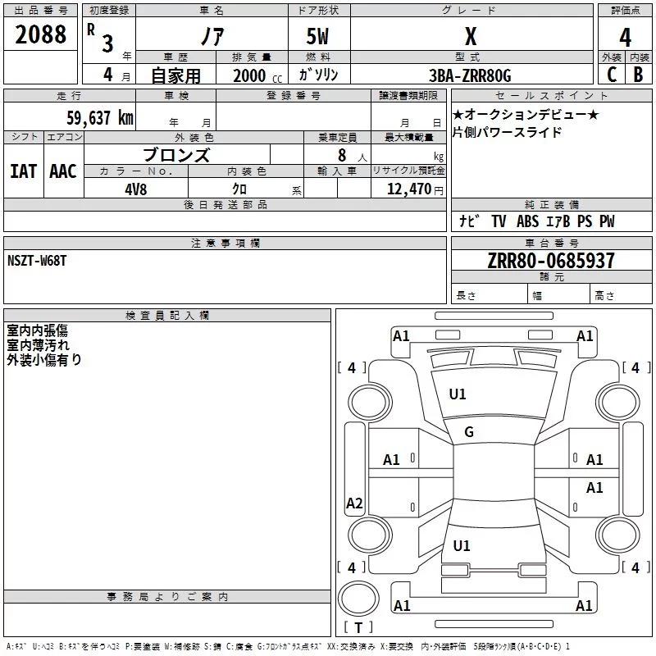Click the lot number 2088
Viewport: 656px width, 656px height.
pos(41,34)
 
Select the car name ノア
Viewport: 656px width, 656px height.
pos(212,38)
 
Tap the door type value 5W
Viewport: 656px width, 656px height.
pos(318,38)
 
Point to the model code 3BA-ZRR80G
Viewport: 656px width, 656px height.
pos(470,75)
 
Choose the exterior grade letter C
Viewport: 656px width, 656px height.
pos(611,75)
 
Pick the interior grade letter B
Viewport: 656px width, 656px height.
pos(638,75)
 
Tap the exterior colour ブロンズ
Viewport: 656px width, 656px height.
pos(176,154)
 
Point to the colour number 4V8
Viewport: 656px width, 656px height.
pos(135,188)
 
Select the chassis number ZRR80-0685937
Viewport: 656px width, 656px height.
pos(550,262)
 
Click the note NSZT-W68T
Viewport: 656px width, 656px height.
pos(37,260)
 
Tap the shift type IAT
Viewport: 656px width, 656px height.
pos(24,171)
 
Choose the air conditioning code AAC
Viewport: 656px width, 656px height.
pos(63,171)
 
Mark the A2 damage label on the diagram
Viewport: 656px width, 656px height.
pos(354,503)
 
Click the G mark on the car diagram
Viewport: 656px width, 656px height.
pos(469,432)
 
